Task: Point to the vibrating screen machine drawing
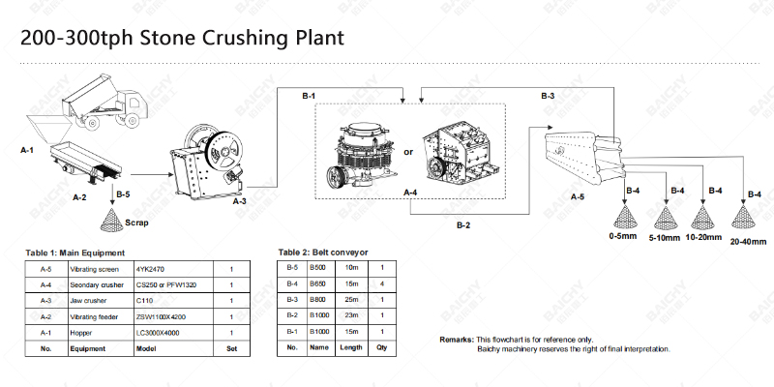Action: [x=580, y=155]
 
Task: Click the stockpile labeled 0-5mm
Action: [x=625, y=217]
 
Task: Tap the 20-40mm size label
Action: [x=748, y=241]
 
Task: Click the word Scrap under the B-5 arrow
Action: [x=136, y=222]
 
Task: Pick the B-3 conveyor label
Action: [x=547, y=96]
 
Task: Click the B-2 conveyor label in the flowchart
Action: [x=464, y=225]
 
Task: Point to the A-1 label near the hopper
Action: [x=28, y=152]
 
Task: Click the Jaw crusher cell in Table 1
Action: [x=90, y=300]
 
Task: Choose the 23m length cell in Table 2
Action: [x=351, y=315]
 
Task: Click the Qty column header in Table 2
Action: [x=381, y=347]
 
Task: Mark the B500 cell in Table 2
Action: [x=317, y=267]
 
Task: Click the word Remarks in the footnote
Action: [x=457, y=340]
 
